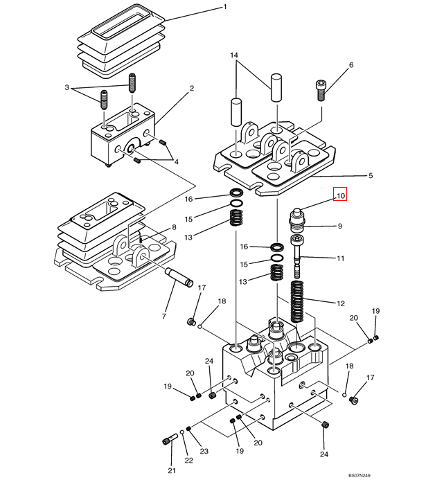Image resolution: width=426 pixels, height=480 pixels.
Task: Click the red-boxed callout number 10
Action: [x=340, y=196]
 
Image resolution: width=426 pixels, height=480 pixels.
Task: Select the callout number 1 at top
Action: [x=224, y=7]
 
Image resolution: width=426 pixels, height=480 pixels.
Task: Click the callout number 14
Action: [x=234, y=55]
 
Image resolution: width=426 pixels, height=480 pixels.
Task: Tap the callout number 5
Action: [x=371, y=176]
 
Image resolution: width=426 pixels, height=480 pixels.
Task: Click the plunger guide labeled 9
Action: [x=302, y=223]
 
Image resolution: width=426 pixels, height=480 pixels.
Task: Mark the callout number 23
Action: [x=204, y=451]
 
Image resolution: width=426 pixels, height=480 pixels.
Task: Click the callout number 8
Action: [x=174, y=226]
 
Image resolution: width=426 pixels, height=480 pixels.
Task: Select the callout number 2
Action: [x=191, y=89]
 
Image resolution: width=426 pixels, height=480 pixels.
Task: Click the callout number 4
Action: [x=176, y=161]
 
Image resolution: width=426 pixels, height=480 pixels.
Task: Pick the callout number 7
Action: [x=163, y=317]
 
